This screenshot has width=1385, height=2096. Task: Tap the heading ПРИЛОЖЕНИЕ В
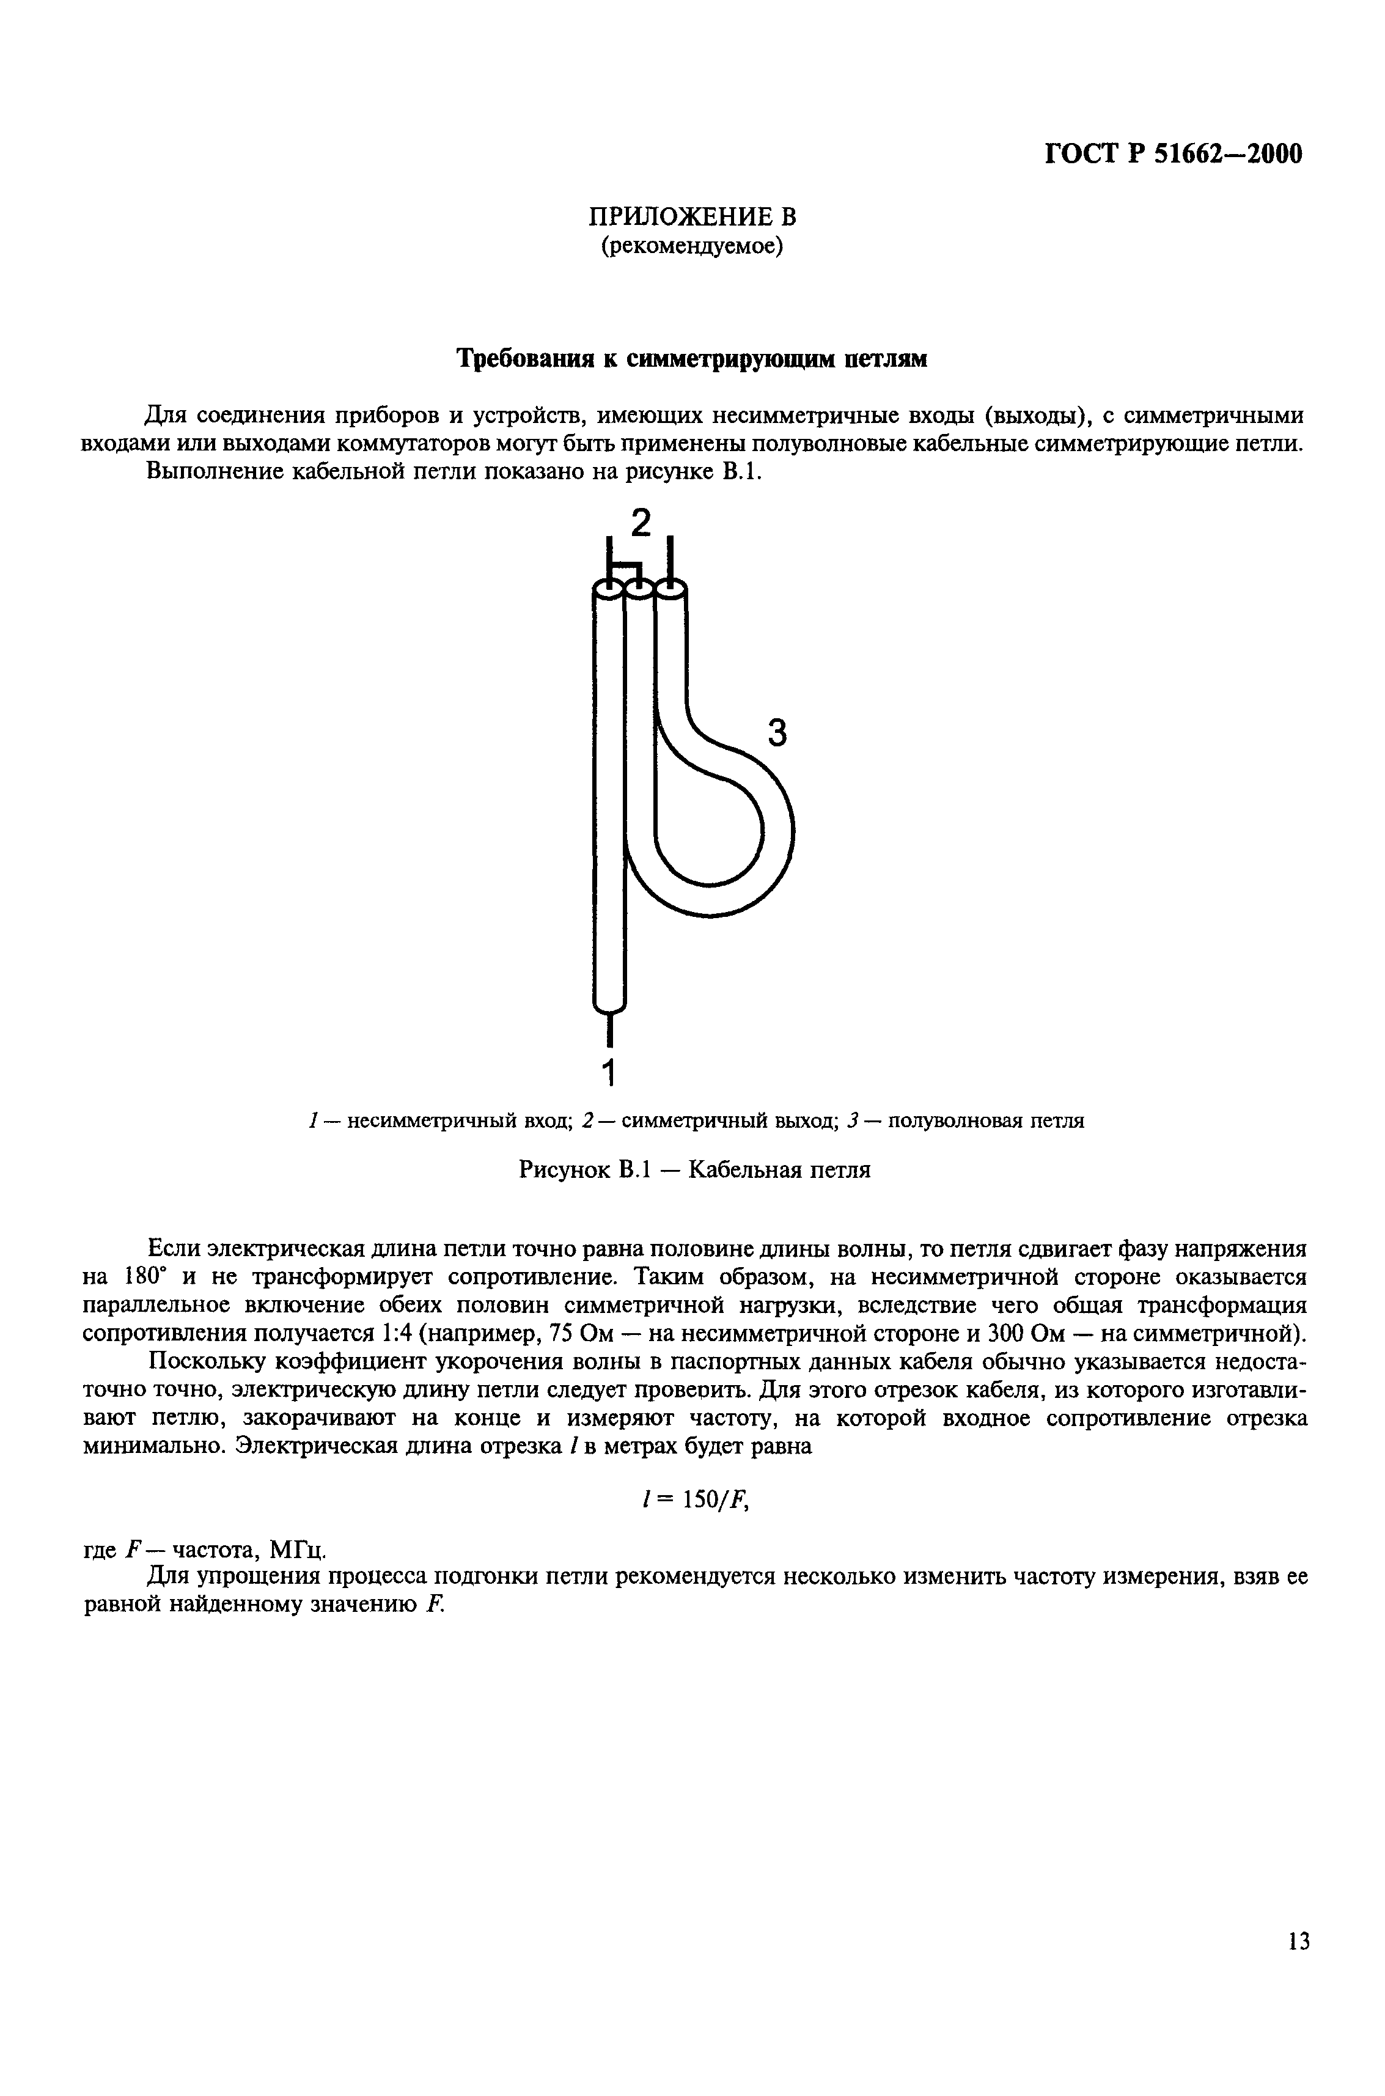pos(692,216)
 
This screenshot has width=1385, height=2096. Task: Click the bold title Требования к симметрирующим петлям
pos(692,359)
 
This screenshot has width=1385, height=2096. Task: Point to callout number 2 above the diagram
pos(641,524)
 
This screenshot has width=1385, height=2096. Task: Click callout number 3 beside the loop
pos(776,732)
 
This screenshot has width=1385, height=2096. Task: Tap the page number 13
pos(1298,1941)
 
